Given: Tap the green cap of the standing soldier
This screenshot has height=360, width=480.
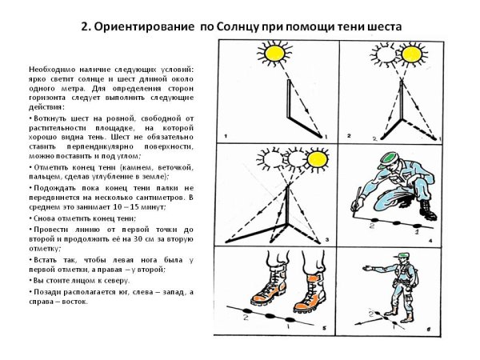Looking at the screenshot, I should pos(405,254).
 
